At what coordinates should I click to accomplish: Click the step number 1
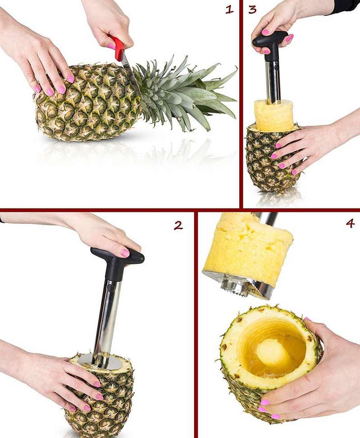(x=230, y=9)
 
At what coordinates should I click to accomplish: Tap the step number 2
(x=179, y=225)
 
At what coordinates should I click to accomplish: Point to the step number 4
(x=350, y=223)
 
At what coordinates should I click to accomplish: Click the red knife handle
(x=119, y=49)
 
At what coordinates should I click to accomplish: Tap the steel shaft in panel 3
(x=272, y=81)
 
